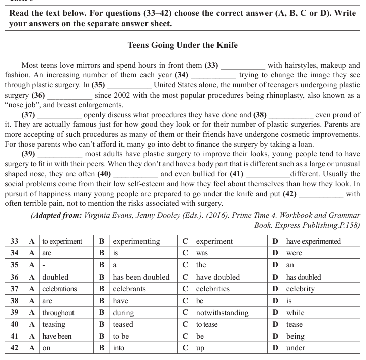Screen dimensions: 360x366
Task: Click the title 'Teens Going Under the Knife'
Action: coord(183,45)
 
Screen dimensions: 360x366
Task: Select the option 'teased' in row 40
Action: coord(123,324)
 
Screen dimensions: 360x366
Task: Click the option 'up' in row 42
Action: coord(200,348)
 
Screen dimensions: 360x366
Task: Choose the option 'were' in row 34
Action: coord(294,253)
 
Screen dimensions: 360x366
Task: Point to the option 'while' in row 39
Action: coord(295,312)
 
